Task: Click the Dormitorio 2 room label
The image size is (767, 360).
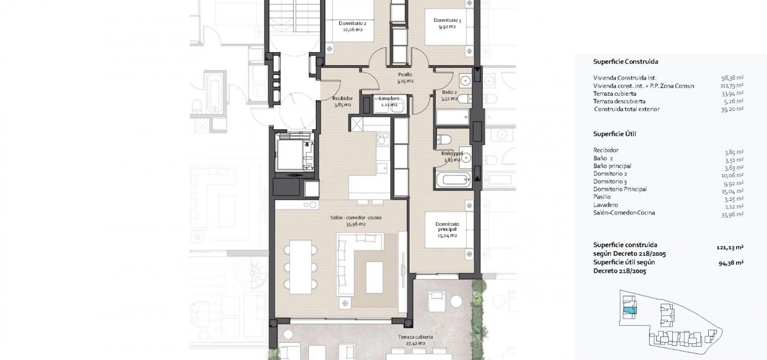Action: pos(352,23)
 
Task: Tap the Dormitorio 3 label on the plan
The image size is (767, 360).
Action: pos(447,20)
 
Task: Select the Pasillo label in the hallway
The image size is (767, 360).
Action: pos(405,75)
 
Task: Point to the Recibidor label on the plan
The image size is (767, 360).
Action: pos(342,99)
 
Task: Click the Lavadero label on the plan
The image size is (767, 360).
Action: pos(389,99)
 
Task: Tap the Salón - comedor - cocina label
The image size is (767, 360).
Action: pos(356,217)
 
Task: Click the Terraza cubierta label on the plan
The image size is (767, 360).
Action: pos(415,337)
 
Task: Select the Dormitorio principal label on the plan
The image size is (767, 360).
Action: pos(447,226)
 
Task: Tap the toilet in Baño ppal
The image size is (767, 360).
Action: pos(444,139)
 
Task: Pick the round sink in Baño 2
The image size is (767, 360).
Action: pos(465,81)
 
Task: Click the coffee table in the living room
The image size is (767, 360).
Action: pos(374,277)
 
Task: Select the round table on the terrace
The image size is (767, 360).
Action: pos(456,301)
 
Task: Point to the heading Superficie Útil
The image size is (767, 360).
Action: pos(615,134)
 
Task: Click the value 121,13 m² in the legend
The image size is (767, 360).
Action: pos(730,247)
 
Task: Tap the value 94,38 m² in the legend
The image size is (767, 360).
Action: pos(731,263)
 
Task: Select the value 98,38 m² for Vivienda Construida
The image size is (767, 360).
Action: pos(732,78)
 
